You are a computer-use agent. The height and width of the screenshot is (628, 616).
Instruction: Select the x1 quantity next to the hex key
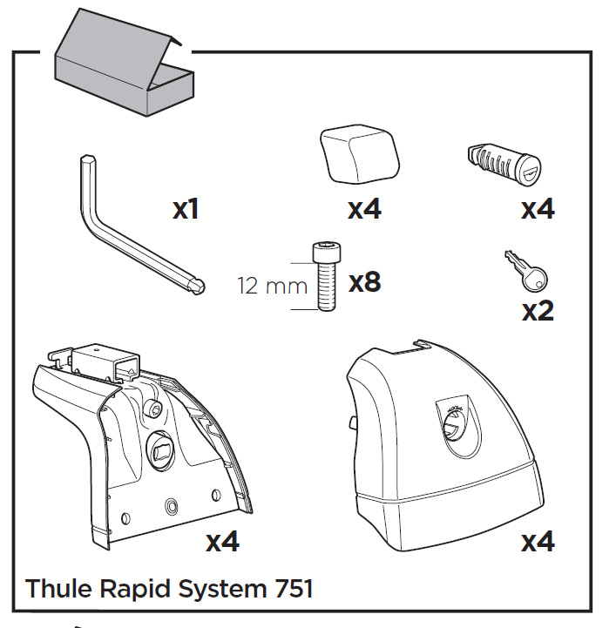pyautogui.click(x=186, y=210)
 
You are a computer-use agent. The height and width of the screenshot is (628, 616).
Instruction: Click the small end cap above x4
pyautogui.click(x=359, y=154)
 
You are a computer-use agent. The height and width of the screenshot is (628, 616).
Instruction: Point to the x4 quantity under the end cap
pyautogui.click(x=364, y=210)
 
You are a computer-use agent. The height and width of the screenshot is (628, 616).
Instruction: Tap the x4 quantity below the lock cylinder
pyautogui.click(x=538, y=210)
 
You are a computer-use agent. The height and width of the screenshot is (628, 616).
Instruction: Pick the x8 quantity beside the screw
pyautogui.click(x=364, y=283)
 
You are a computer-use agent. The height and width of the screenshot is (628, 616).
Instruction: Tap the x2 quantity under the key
pyautogui.click(x=538, y=311)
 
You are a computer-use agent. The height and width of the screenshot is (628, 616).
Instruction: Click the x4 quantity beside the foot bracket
pyautogui.click(x=222, y=543)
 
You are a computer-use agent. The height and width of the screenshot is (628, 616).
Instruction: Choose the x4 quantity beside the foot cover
pyautogui.click(x=538, y=543)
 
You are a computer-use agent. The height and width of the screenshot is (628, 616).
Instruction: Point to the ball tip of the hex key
pyautogui.click(x=199, y=284)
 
